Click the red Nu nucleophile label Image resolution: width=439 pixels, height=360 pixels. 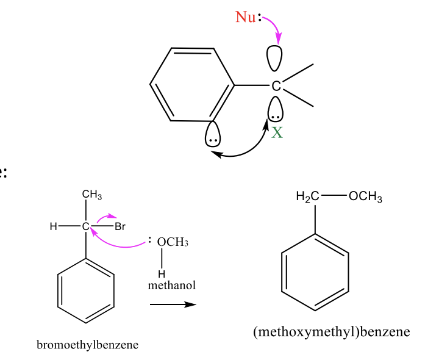[x=246, y=17]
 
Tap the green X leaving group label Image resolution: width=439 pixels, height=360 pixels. [x=277, y=132]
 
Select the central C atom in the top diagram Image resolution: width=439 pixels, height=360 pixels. [x=276, y=86]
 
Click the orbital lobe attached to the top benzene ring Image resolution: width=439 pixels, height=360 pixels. [x=213, y=134]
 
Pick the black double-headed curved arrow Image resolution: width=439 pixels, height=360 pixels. [x=241, y=151]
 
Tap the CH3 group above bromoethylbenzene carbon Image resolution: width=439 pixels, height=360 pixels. [x=92, y=195]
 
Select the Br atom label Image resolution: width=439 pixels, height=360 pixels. [x=120, y=227]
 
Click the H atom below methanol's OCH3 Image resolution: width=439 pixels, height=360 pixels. [x=162, y=272]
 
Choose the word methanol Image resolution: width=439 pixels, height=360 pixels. [x=171, y=285]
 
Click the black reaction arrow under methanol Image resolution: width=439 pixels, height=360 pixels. [x=173, y=304]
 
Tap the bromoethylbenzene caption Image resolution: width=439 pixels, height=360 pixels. [x=87, y=345]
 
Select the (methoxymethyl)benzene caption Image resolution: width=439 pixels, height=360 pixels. [x=332, y=332]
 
